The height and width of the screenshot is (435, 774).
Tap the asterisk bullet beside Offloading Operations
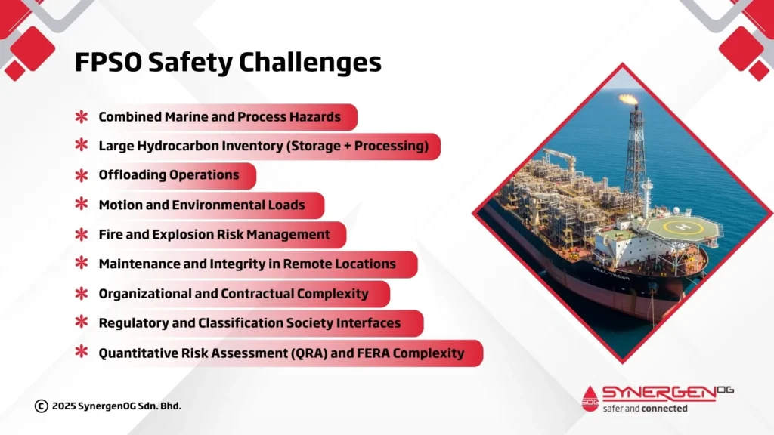pos(81,175)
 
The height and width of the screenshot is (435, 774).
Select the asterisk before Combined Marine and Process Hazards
pos(81,117)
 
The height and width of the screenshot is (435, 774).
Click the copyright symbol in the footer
pos(41,406)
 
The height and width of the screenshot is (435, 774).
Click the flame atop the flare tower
pos(627,99)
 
